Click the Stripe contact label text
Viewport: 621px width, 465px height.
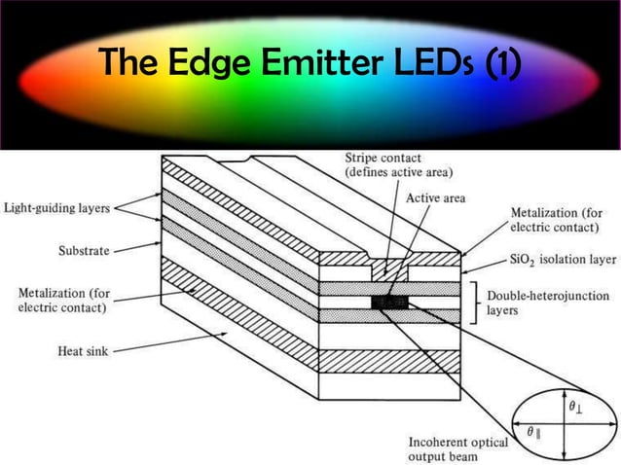click(388, 165)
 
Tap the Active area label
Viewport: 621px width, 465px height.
click(435, 198)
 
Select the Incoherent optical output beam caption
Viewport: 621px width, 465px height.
click(457, 448)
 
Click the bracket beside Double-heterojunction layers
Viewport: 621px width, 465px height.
click(475, 303)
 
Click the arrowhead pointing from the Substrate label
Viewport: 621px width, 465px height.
click(144, 248)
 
